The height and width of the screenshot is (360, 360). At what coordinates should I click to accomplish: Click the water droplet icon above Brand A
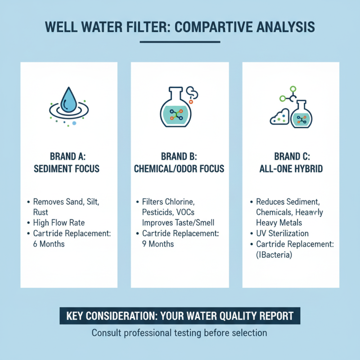(x=68, y=100)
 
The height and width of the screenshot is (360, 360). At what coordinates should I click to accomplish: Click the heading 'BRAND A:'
(x=68, y=157)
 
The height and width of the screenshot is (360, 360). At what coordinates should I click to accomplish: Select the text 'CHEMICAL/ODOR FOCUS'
(x=179, y=169)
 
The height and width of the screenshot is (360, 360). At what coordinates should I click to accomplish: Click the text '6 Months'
(x=49, y=244)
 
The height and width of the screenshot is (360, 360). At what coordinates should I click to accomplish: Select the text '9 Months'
(x=158, y=244)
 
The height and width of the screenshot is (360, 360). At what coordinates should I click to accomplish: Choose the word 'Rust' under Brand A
(x=41, y=211)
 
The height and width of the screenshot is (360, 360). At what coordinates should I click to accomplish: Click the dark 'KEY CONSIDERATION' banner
(x=180, y=316)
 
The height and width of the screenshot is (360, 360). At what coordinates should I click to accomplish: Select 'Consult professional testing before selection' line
(x=180, y=333)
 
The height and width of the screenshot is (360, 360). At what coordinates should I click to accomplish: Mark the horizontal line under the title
(x=180, y=43)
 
